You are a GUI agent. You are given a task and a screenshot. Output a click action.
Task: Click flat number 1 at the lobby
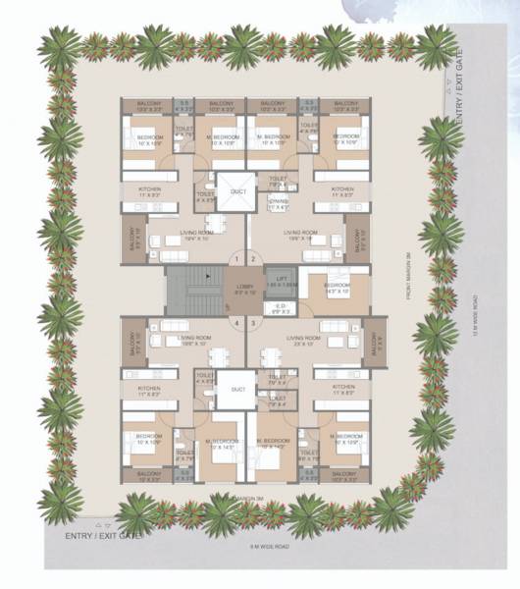pos(234,259)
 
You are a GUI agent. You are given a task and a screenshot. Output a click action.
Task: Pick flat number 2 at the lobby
pos(252,259)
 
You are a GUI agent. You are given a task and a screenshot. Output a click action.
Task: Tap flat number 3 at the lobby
pos(252,322)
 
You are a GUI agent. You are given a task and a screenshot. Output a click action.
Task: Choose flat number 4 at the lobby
pos(234,322)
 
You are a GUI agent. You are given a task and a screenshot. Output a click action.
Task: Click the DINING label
pos(278,202)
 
